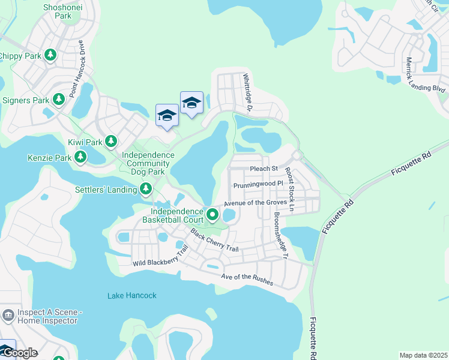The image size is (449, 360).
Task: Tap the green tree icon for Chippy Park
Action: pyautogui.click(x=50, y=56)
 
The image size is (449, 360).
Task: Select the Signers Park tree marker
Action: pyautogui.click(x=58, y=99)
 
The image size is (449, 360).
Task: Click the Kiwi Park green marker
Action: pyautogui.click(x=110, y=142)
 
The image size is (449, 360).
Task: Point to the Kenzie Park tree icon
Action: pyautogui.click(x=80, y=158)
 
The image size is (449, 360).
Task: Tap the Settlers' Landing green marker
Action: pyautogui.click(x=146, y=190)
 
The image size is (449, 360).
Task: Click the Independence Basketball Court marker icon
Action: pyautogui.click(x=212, y=214)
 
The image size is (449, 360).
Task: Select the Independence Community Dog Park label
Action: pyautogui.click(x=148, y=163)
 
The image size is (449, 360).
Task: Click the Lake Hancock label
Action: pyautogui.click(x=132, y=295)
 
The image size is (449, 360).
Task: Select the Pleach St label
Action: pyautogui.click(x=264, y=169)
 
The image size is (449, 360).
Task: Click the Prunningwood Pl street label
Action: pyautogui.click(x=258, y=184)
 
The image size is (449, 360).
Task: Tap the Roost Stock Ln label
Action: pyautogui.click(x=290, y=189)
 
